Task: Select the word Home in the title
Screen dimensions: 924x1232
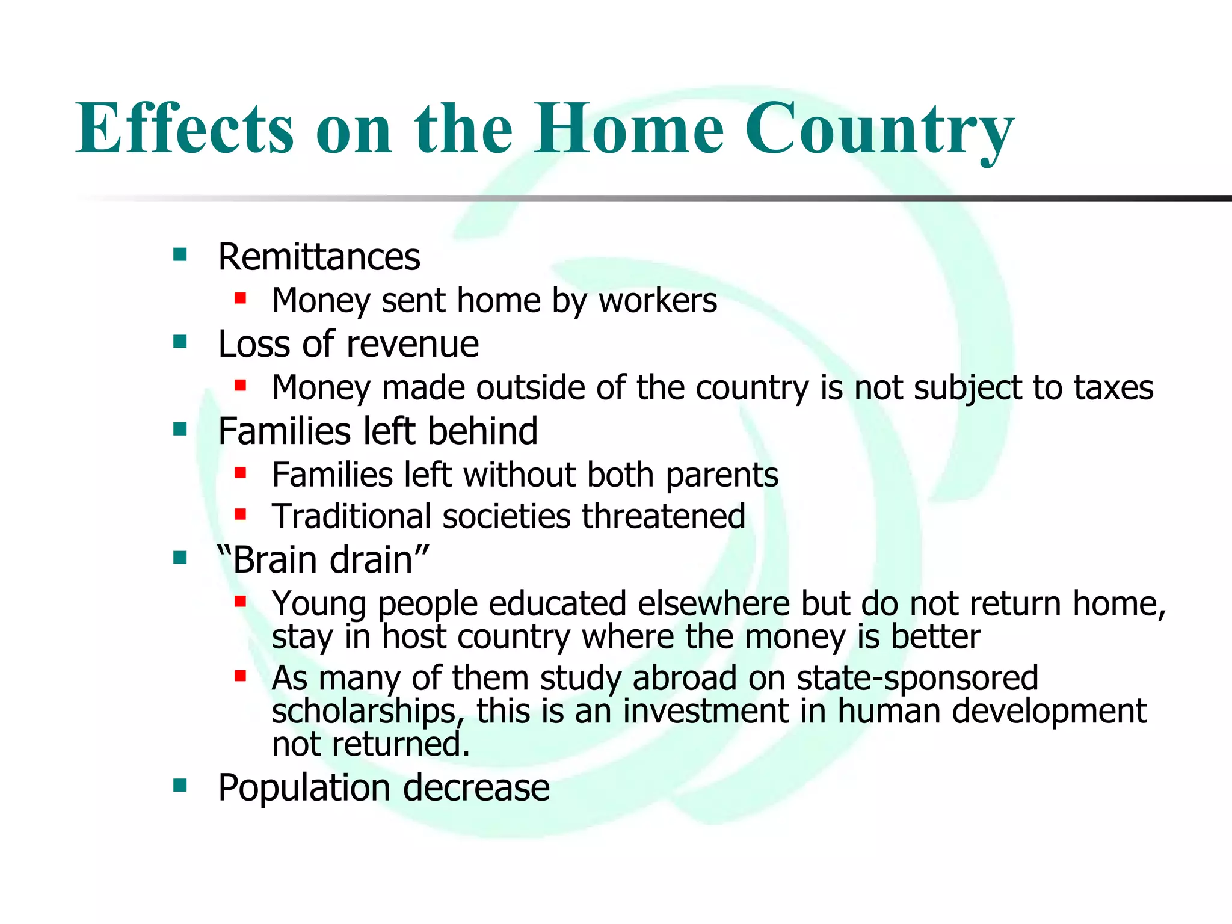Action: click(629, 128)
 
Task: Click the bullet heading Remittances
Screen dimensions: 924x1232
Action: click(319, 257)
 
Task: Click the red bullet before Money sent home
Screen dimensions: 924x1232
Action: click(241, 298)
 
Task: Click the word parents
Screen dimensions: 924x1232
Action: click(722, 475)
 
